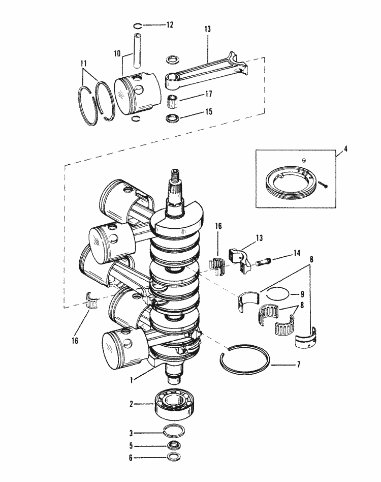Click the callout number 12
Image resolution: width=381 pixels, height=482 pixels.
170,25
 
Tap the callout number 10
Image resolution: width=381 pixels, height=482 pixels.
116,53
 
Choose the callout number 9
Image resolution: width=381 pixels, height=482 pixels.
302,293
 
